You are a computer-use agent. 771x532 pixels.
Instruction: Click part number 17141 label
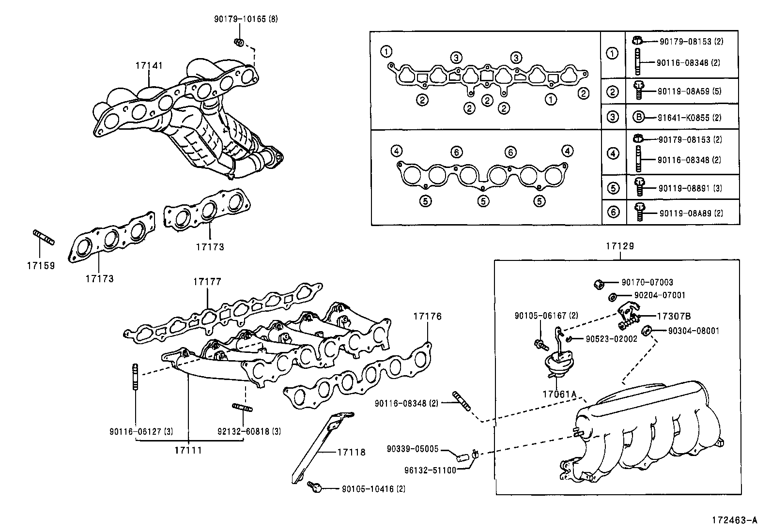[x=149, y=65]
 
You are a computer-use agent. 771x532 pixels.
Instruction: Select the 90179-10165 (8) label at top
[x=246, y=19]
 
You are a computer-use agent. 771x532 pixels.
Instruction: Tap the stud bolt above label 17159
[x=44, y=238]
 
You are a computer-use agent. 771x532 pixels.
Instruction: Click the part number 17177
[x=207, y=281]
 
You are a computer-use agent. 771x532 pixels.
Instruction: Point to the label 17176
[x=427, y=316]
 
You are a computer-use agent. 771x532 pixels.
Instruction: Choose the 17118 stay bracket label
[x=351, y=453]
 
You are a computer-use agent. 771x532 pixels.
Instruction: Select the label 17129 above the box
[x=619, y=246]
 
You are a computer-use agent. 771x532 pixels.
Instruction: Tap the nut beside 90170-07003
[x=599, y=283]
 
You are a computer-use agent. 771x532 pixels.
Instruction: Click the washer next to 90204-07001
[x=612, y=296]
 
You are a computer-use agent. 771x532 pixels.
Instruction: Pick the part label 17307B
[x=674, y=316]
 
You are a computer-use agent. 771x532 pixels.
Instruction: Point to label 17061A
[x=559, y=394]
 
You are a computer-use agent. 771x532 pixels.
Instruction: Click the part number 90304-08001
[x=694, y=331]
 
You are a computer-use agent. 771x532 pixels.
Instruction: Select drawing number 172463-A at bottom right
[x=734, y=520]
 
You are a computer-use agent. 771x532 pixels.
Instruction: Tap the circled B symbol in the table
[x=639, y=117]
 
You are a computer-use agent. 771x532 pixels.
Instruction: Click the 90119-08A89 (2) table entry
[x=691, y=213]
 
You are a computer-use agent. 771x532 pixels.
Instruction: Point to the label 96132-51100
[x=430, y=470]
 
